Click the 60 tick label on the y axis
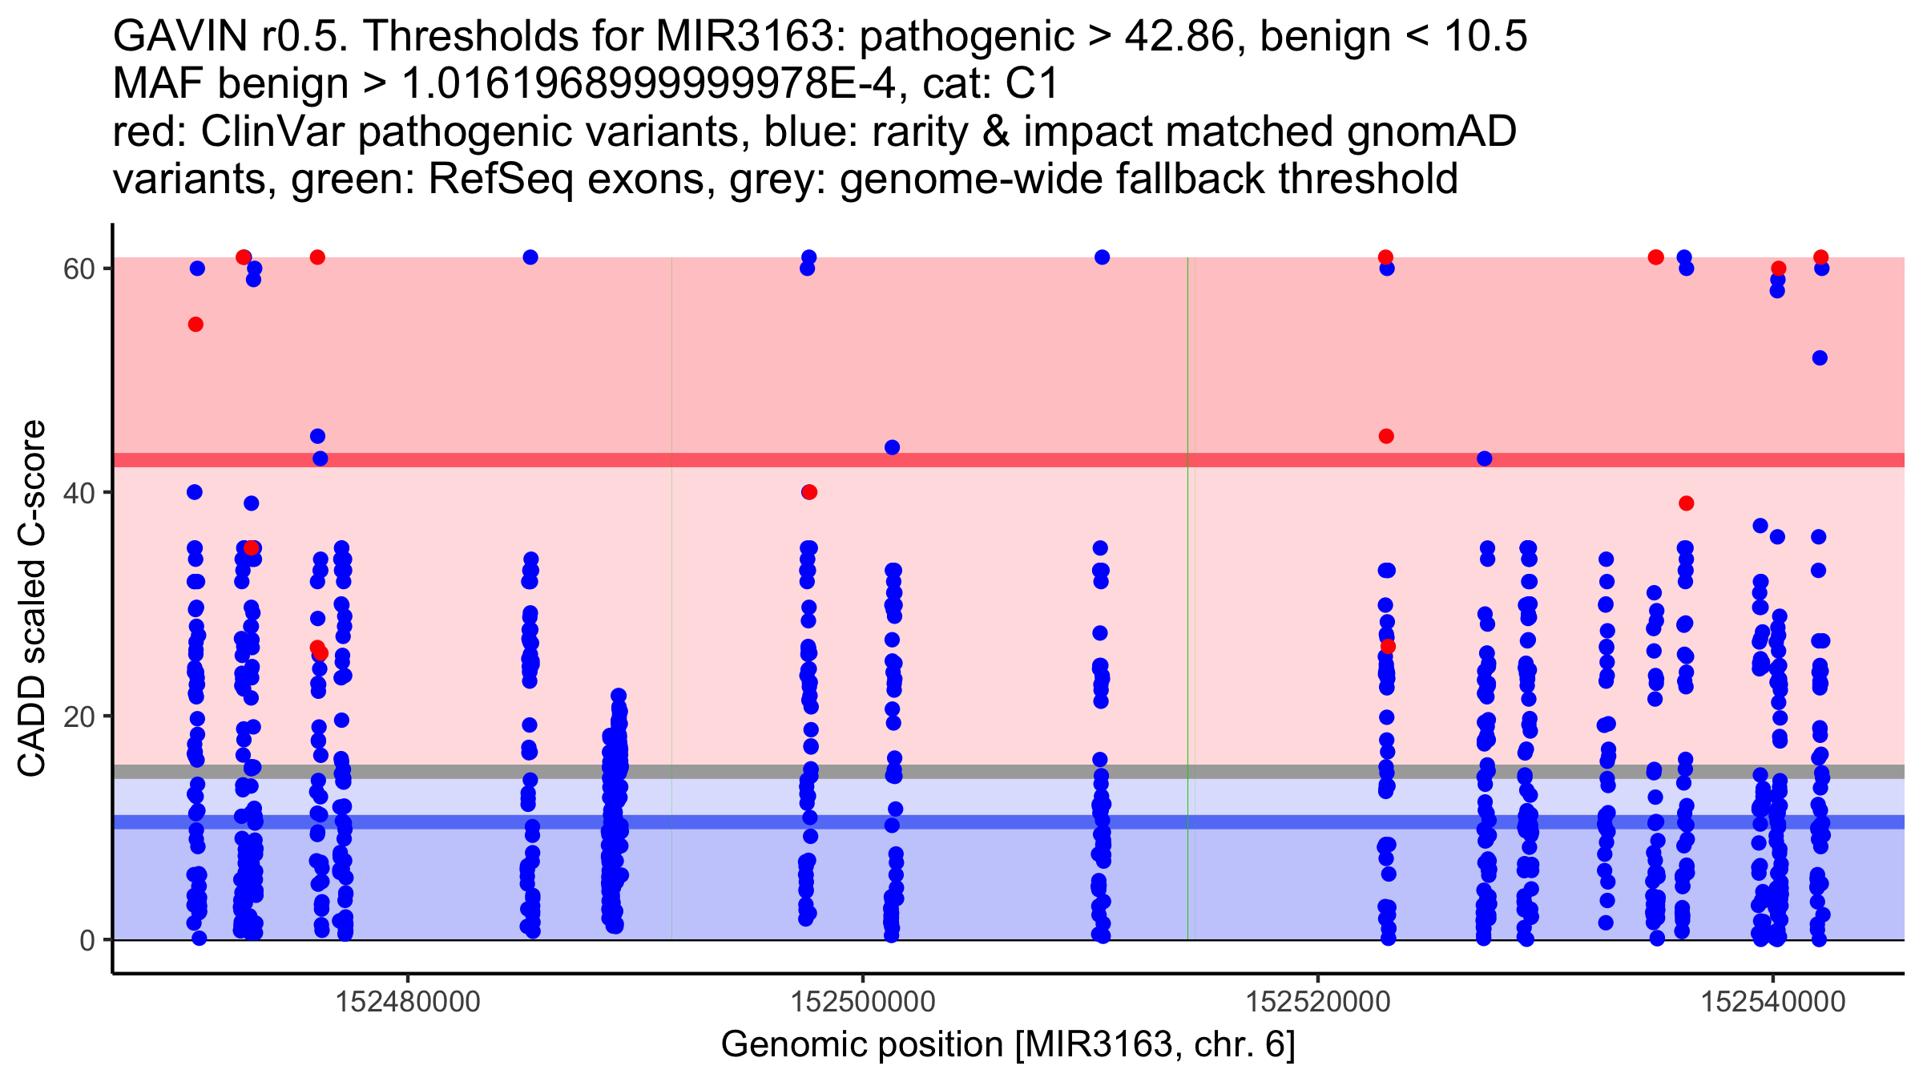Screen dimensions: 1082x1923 coord(79,268)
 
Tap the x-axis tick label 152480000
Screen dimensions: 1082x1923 coord(408,1002)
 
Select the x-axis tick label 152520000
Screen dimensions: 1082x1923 coord(1317,1002)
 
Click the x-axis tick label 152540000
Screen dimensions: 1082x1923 coord(1772,1002)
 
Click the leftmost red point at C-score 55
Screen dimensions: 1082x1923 coord(196,325)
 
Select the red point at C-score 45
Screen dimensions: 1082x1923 coord(1386,436)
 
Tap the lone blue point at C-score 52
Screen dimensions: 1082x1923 coord(1820,358)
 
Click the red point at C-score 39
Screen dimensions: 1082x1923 coord(1686,503)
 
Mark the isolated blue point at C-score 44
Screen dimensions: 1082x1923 coord(893,447)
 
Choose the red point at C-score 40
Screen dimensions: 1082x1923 coord(809,492)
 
